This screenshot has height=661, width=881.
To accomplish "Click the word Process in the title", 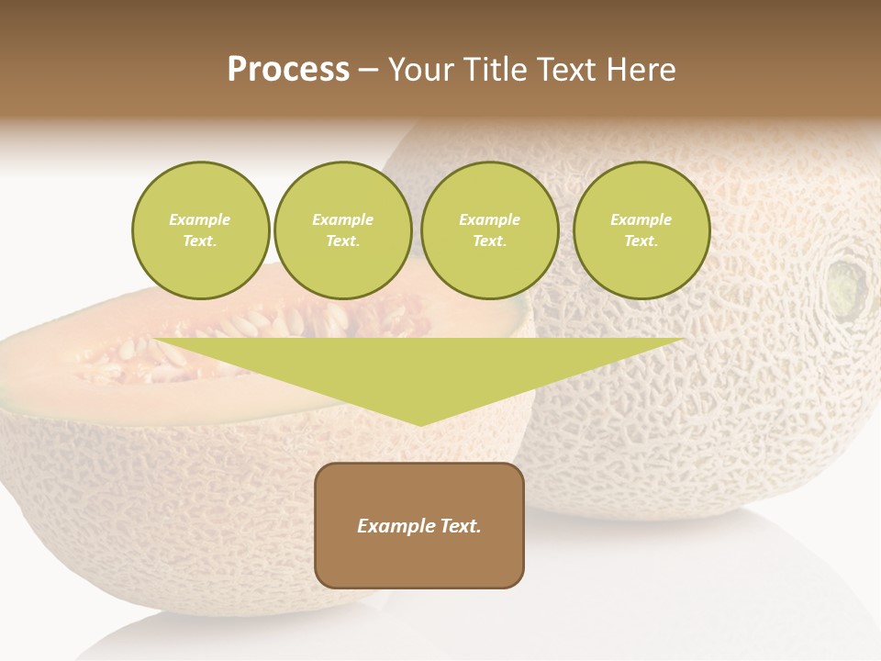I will (x=288, y=70).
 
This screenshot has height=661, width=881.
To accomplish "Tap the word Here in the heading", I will (x=640, y=70).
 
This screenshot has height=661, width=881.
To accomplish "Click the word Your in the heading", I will (x=423, y=70).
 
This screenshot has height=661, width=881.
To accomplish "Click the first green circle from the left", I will (x=201, y=230).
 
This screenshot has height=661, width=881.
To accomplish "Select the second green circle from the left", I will (x=343, y=230).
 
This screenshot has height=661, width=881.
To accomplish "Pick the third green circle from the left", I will (x=490, y=230).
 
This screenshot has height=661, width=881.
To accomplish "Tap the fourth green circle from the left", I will (x=641, y=230).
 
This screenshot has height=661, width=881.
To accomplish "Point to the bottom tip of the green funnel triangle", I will (x=420, y=424).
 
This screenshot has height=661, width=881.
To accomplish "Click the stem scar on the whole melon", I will (x=845, y=286).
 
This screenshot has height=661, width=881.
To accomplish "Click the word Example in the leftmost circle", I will (x=200, y=219).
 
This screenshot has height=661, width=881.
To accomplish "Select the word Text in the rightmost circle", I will (x=641, y=241).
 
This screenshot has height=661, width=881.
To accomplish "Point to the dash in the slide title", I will (x=368, y=70).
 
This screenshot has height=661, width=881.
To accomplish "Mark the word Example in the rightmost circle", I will (x=641, y=219).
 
